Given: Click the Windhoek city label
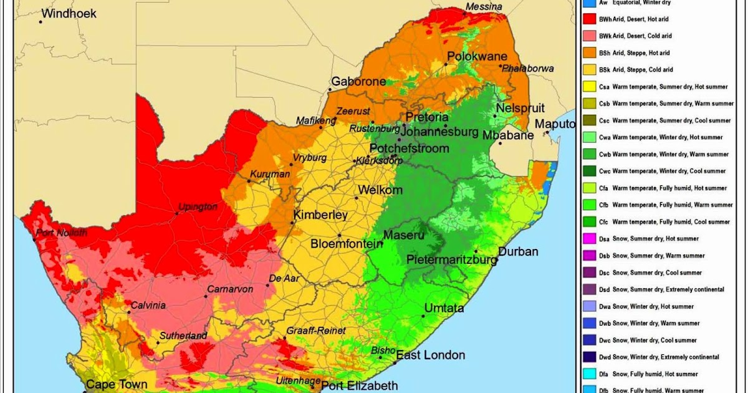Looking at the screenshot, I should coord(69,13).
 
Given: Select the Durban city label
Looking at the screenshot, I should coord(517,252).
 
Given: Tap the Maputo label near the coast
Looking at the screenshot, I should coord(555,124).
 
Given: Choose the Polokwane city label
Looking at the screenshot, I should coord(477,56).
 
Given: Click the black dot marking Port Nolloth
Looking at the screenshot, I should coord(34,239).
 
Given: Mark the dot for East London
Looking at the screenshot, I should coord(395,362).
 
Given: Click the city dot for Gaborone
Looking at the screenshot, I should coord(330,90).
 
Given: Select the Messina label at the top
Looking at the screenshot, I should coord(484,7).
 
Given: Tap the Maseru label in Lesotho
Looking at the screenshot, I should coord(403,235).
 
